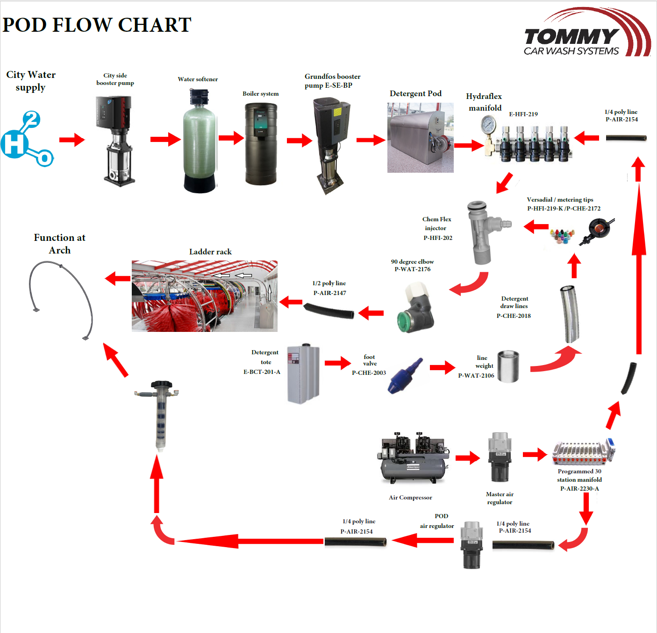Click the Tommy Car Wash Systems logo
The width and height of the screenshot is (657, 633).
pyautogui.click(x=586, y=34)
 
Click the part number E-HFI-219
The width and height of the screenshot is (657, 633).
pyautogui.click(x=523, y=114)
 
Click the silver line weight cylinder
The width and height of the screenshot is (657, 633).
pyautogui.click(x=508, y=366)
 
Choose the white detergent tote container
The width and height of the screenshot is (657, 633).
pyautogui.click(x=303, y=373)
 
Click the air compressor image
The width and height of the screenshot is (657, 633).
pyautogui.click(x=413, y=458)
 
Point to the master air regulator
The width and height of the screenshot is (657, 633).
pyautogui.click(x=500, y=457)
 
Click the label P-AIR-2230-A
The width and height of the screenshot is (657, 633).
pyautogui.click(x=579, y=488)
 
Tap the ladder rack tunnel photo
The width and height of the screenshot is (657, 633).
pyautogui.click(x=204, y=296)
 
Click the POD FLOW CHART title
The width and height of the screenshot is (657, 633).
pyautogui.click(x=97, y=25)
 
